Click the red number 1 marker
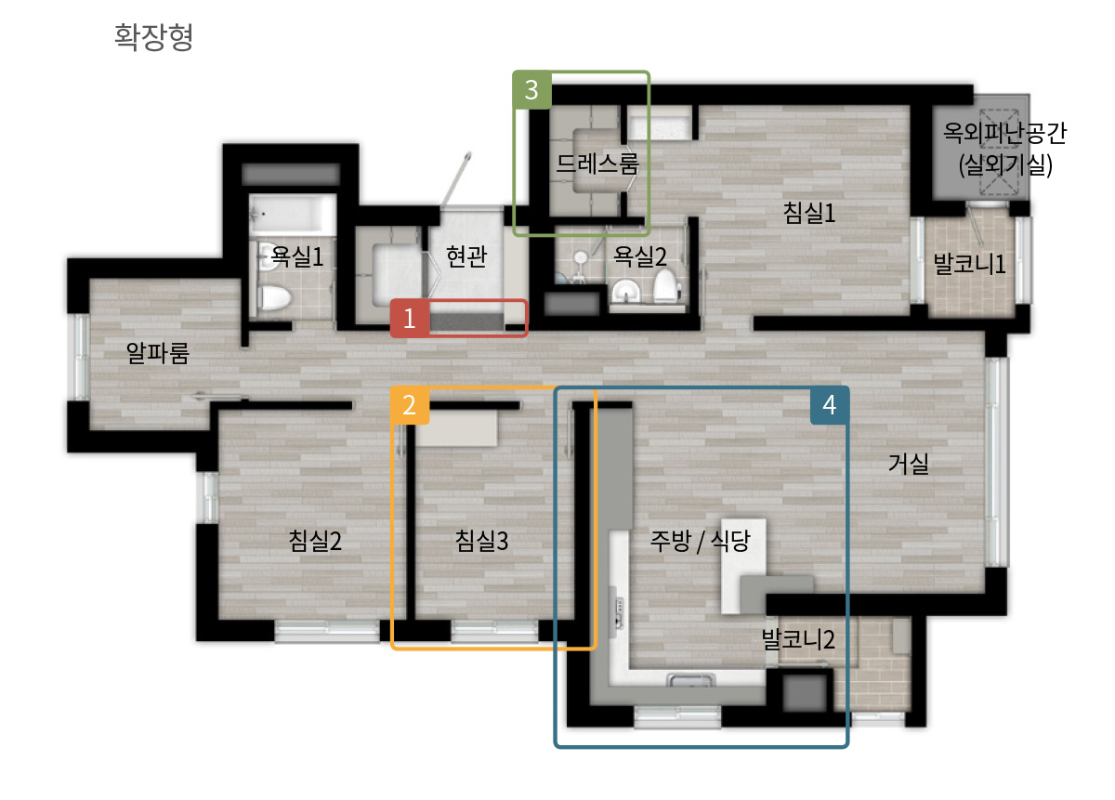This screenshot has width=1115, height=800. [410, 318]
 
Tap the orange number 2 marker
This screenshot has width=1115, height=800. [410, 405]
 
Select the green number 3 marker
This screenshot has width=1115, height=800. [532, 89]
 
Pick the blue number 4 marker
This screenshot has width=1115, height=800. [830, 405]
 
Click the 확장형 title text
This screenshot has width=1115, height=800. [153, 37]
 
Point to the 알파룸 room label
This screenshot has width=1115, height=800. [157, 353]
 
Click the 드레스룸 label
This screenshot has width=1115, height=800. [597, 164]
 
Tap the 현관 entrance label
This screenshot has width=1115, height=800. [466, 256]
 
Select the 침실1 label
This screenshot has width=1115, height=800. [809, 213]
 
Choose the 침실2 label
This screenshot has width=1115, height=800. [315, 541]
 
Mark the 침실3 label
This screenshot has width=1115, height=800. [481, 541]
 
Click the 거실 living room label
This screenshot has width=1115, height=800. [909, 464]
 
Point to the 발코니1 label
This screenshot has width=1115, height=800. [969, 263]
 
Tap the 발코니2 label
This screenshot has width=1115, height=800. [798, 639]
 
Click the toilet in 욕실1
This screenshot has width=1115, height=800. [274, 297]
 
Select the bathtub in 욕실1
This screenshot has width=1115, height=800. [293, 214]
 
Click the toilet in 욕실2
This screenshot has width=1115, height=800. [666, 286]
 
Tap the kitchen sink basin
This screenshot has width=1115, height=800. [689, 680]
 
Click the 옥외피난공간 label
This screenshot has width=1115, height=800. [1004, 133]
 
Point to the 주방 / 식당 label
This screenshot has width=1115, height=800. [700, 541]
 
